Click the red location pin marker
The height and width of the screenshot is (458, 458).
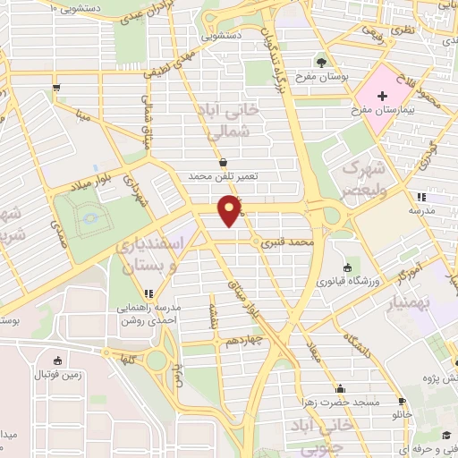[x=230, y=210]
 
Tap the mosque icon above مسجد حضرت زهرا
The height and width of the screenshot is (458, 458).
[x=341, y=389]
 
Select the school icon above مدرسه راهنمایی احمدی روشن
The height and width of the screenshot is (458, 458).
[x=148, y=293]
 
